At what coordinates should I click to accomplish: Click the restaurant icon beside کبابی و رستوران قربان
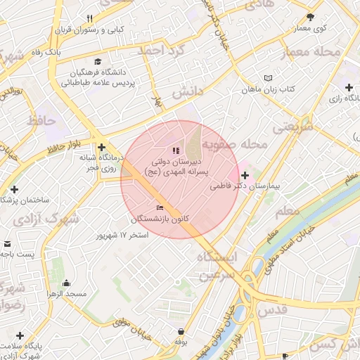[x=89, y=19]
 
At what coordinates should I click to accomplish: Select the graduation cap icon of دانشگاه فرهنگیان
[x=97, y=63]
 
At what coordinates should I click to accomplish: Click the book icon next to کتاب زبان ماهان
[x=267, y=78]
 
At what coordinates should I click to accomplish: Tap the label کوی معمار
[x=311, y=28]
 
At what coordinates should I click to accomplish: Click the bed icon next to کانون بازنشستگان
[x=160, y=207]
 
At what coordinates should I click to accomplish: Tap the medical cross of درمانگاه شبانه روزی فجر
[x=103, y=147]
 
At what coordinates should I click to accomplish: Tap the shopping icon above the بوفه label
[x=181, y=331]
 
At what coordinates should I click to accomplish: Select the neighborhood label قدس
[x=274, y=310]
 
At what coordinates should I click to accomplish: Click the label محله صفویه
[x=236, y=144]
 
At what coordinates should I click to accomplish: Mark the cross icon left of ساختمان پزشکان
[x=14, y=189]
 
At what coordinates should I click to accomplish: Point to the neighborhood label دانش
[x=187, y=92]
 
